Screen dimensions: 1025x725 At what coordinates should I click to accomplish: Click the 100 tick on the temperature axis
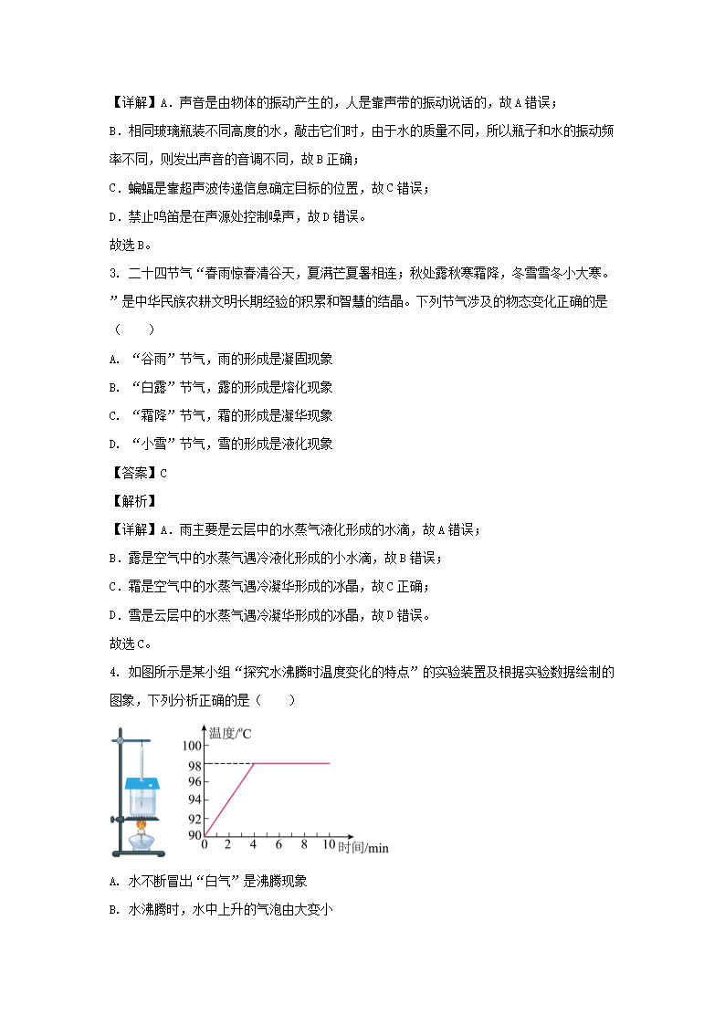[191, 748]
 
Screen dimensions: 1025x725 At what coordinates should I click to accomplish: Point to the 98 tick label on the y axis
[194, 764]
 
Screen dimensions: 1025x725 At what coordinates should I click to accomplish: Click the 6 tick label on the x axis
[278, 845]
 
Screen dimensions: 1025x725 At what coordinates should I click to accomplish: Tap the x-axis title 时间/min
[362, 848]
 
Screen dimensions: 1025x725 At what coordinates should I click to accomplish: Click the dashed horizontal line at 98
[228, 763]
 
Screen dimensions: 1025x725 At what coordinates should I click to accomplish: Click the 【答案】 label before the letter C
[133, 473]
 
